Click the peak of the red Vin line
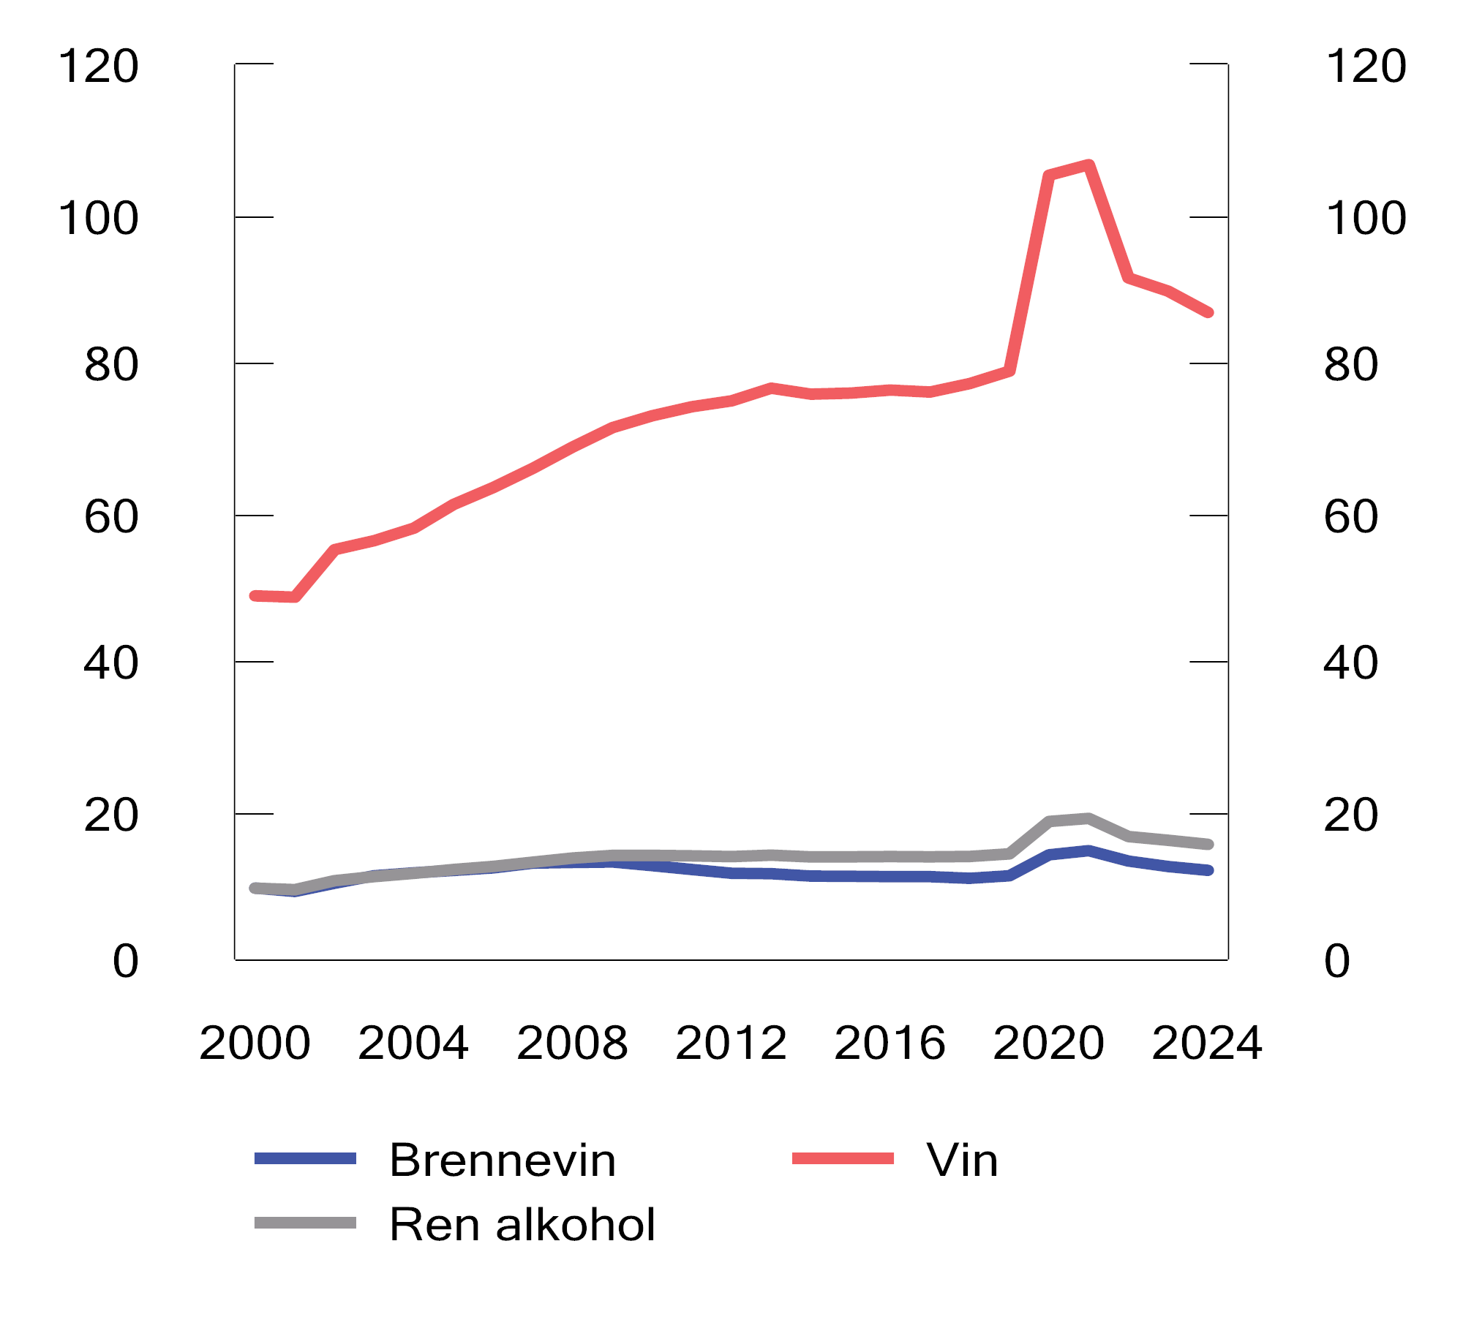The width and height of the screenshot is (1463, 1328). [x=1089, y=165]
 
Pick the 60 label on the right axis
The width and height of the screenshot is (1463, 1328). [x=1350, y=516]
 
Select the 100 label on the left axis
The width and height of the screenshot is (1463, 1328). [x=98, y=218]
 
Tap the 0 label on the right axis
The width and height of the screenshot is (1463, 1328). [x=1336, y=961]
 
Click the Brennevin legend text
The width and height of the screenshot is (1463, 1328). [x=503, y=1161]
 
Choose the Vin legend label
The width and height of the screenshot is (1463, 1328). [x=962, y=1161]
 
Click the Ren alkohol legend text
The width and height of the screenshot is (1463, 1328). [x=522, y=1225]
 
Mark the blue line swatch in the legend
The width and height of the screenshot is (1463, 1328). [x=305, y=1159]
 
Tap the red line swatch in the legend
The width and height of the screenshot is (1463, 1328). [x=843, y=1159]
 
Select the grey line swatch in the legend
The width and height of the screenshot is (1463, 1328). [x=305, y=1223]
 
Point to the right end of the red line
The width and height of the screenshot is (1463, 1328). [x=1209, y=312]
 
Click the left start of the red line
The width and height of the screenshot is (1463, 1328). [x=255, y=596]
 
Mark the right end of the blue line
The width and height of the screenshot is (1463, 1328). [x=1209, y=870]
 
